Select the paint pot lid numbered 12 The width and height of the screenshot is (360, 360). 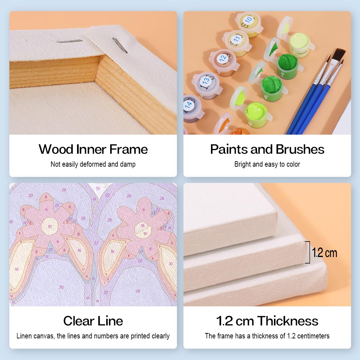click(222, 58)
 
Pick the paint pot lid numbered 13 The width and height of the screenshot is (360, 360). click(206, 81)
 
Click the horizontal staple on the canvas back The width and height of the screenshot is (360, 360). click(69, 41)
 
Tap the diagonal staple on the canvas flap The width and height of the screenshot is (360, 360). click(120, 45)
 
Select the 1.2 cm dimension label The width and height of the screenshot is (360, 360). click(324, 253)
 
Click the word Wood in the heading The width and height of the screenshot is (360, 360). click(56, 149)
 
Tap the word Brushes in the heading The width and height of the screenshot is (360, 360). click(300, 149)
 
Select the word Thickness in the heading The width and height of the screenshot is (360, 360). click(288, 321)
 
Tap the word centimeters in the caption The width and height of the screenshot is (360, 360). click(313, 336)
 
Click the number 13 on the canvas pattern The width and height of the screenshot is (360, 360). click(98, 189)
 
